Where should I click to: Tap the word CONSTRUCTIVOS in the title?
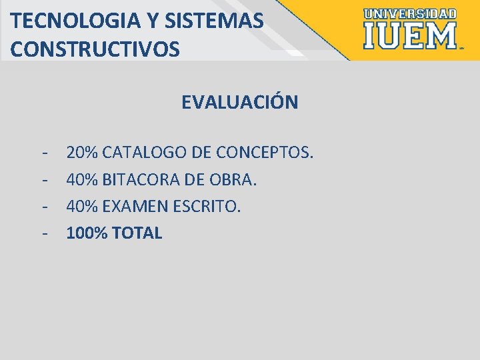[95, 49]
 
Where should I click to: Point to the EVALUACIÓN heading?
[239, 103]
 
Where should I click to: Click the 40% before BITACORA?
[83, 179]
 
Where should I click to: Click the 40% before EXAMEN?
[83, 206]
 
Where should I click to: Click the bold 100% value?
[87, 233]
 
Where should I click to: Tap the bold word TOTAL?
[138, 233]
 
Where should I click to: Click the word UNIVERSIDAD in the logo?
[411, 13]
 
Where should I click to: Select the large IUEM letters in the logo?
[410, 36]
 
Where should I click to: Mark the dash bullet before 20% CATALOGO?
[43, 153]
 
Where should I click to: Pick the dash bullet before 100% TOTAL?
[43, 233]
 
